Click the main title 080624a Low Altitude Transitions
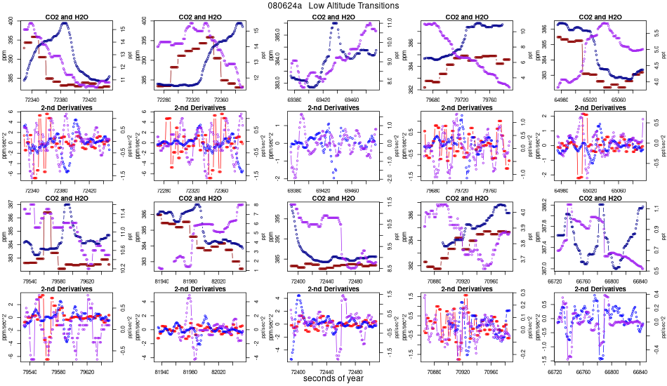tap(333, 6)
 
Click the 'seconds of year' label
tap(333, 379)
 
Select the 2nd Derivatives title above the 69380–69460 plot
tap(333, 107)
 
